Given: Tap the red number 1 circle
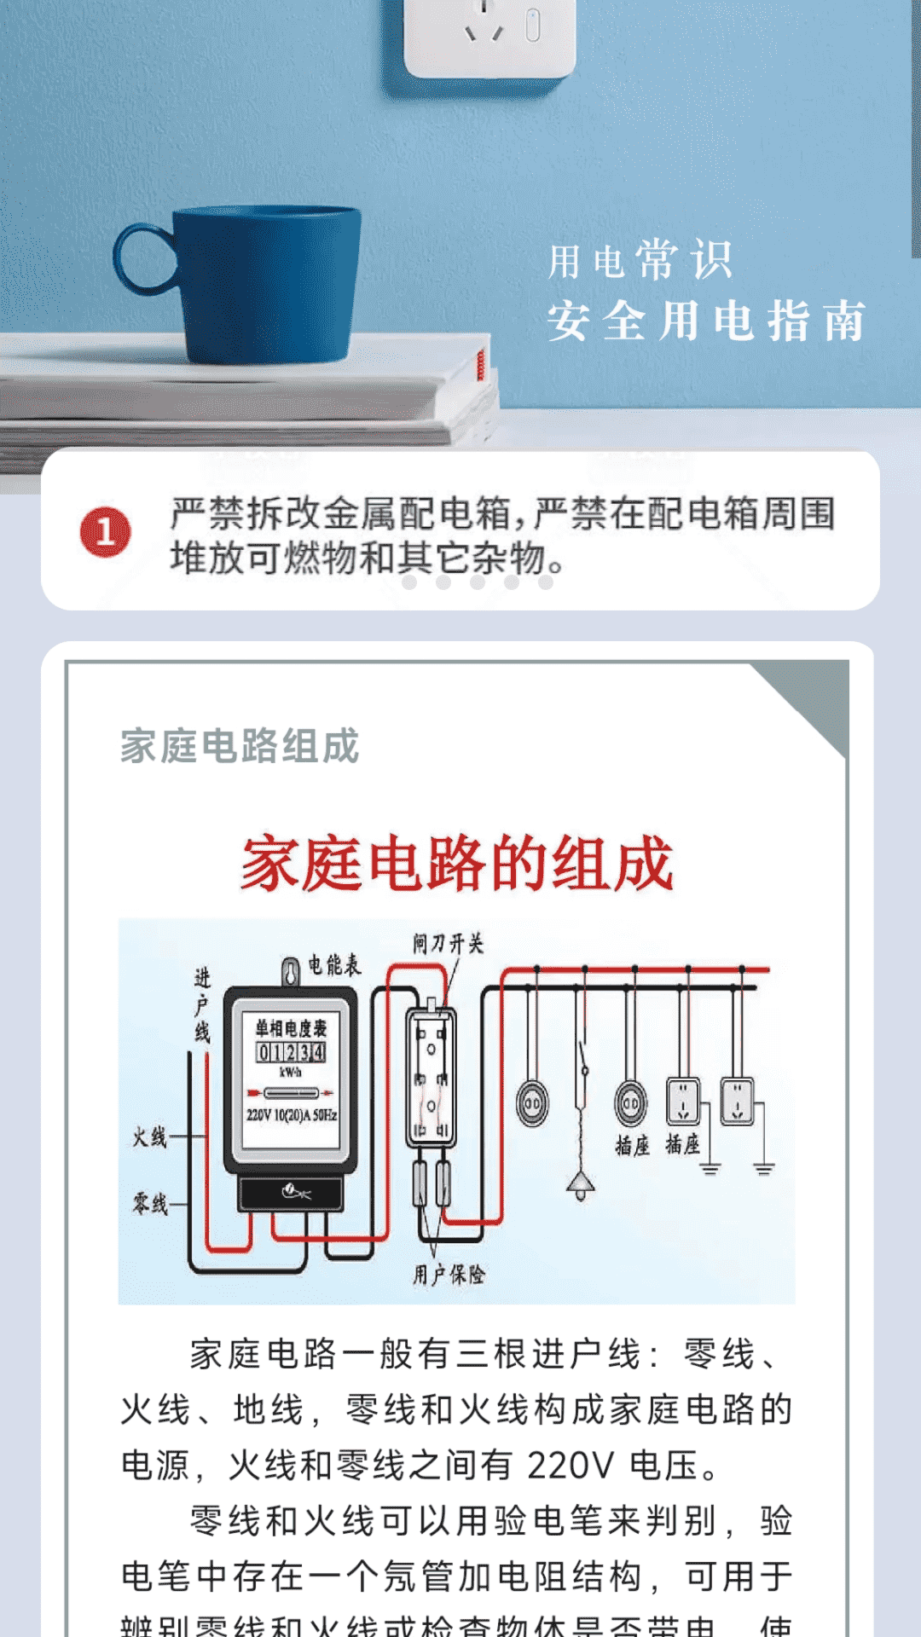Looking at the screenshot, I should pos(106,532).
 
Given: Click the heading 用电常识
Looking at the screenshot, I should pos(640,260).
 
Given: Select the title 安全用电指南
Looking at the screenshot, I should pos(706,321).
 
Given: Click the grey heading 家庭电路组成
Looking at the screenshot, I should pos(240,746).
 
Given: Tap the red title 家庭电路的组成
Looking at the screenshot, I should pos(457,864).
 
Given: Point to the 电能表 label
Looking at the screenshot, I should pos(333,965).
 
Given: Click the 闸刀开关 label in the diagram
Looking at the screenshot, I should pos(448,943).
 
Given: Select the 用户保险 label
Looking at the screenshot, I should pos(449,1275).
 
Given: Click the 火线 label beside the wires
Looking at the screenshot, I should pos(149,1137).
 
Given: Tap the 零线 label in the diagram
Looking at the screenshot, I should pos(149,1204).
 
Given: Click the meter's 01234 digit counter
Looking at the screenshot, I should pos(291,1052).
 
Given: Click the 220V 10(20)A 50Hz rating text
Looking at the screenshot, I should pos(291,1114).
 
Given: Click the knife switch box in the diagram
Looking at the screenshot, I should pos(431,1077).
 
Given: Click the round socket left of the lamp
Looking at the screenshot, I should pos(533,1103).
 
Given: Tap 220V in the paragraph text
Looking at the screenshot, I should pos(570,1466).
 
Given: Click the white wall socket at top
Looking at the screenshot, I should pos(490,34).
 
